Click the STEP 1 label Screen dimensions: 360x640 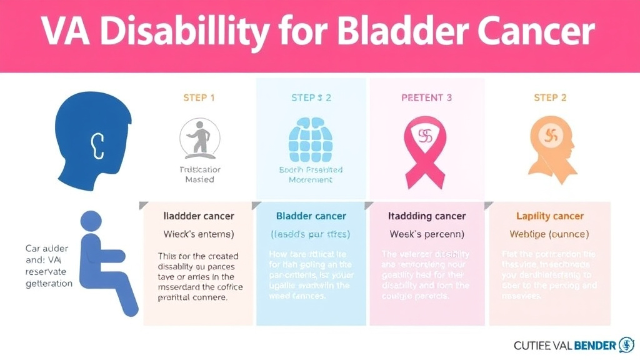[x=199, y=97]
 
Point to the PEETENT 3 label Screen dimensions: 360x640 [x=426, y=97]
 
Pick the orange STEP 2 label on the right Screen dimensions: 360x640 [x=549, y=97]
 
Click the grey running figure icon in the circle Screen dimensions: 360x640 [x=199, y=138]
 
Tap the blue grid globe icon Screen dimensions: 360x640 [x=311, y=138]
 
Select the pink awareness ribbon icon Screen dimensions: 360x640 [x=426, y=150]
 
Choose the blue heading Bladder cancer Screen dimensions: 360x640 [x=311, y=216]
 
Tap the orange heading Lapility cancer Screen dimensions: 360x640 [x=549, y=216]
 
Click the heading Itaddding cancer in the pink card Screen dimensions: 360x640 [x=427, y=216]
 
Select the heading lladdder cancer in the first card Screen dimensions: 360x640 [x=199, y=216]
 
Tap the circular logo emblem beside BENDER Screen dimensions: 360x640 [x=626, y=344]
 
